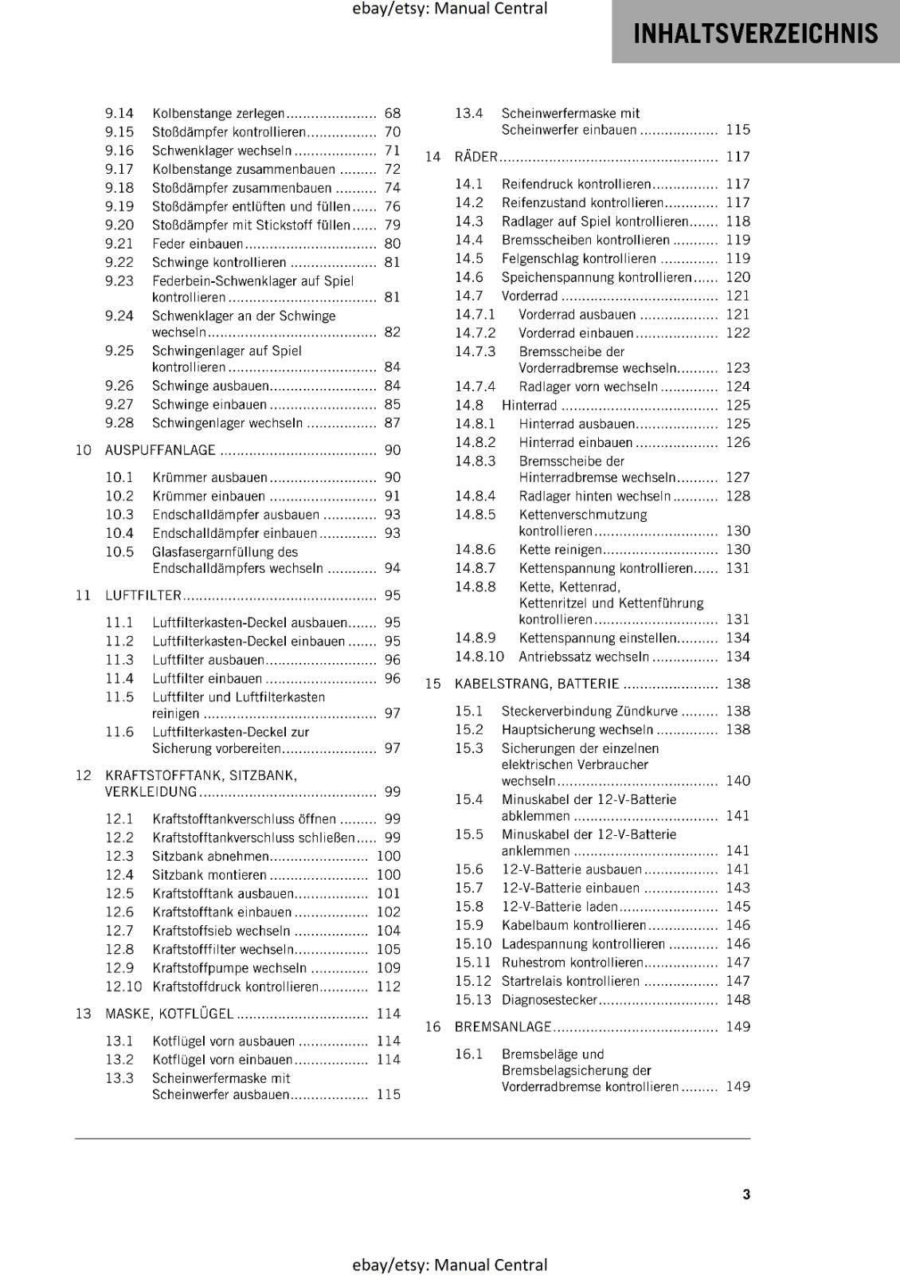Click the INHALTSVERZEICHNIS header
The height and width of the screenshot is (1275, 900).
755,33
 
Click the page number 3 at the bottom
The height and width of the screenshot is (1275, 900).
746,1194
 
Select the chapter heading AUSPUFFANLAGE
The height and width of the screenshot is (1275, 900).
160,450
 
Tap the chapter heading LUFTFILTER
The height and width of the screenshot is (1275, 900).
143,595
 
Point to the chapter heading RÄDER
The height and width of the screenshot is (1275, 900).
475,157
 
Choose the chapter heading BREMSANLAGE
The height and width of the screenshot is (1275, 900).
503,1027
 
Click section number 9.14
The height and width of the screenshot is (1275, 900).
119,114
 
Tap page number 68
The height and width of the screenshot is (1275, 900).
392,114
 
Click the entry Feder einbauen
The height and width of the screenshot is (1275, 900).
198,244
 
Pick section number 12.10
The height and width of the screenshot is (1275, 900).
123,987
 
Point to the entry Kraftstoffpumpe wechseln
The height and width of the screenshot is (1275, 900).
229,968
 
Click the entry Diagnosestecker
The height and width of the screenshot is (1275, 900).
549,1000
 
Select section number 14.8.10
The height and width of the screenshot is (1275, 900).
479,657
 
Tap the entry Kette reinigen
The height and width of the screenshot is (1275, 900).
560,550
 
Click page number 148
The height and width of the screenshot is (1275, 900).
738,1000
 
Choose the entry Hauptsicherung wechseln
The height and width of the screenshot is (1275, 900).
577,730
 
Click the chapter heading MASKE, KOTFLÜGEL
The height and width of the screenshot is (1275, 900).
170,1014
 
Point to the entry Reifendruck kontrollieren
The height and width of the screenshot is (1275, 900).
576,184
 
